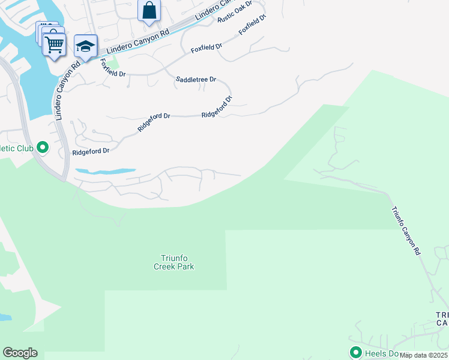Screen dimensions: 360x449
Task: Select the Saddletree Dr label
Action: click(195, 79)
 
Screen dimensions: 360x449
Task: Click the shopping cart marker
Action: click(54, 44)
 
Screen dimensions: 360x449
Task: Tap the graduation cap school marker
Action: click(86, 47)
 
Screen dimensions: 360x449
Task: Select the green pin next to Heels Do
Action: click(355, 352)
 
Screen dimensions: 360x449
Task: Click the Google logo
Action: click(20, 353)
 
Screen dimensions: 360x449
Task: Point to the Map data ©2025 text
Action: click(423, 355)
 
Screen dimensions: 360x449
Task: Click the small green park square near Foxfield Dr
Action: click(114, 62)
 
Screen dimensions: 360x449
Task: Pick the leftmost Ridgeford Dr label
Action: click(90, 152)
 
